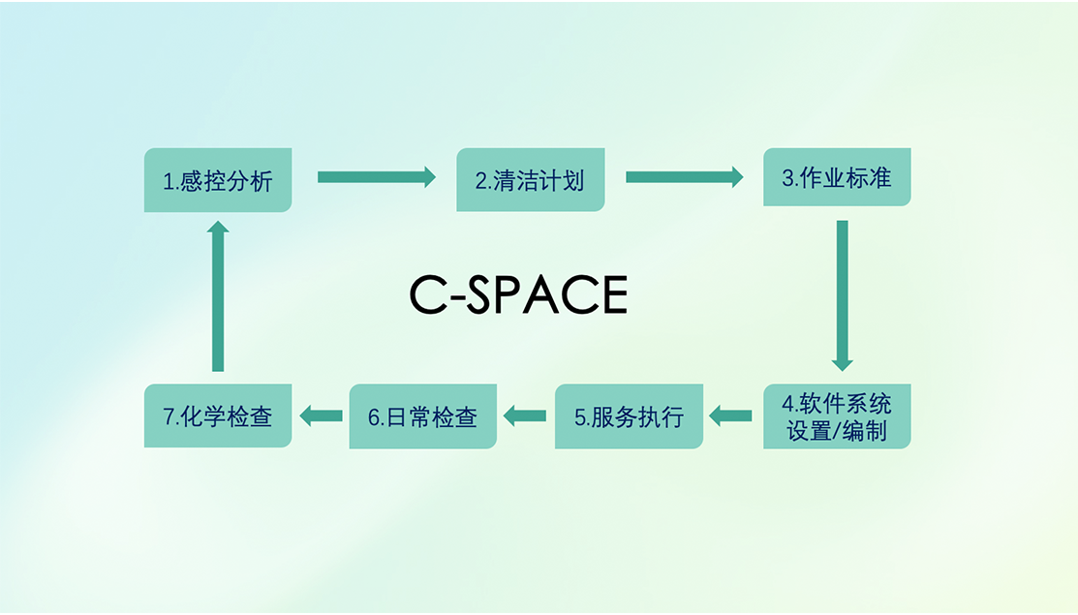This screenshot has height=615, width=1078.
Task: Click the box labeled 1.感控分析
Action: point(218,180)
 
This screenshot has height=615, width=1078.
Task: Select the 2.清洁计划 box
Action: point(530,179)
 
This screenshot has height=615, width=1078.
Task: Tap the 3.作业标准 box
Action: point(837,176)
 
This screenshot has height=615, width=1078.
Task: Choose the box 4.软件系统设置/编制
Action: point(837,416)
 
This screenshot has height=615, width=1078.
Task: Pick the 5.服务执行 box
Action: point(629,416)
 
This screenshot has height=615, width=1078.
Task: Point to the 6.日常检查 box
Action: point(423,416)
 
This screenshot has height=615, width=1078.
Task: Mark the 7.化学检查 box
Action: point(218,415)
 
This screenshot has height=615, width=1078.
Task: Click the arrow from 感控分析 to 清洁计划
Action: point(377,177)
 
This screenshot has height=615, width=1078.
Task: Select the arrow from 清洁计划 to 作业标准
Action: point(685,177)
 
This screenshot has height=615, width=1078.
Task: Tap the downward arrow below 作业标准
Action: point(843,295)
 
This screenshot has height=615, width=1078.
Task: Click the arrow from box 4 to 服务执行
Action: point(730,415)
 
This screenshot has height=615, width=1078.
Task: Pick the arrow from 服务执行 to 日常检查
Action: point(525,415)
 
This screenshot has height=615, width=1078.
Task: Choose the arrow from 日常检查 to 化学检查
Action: point(321,415)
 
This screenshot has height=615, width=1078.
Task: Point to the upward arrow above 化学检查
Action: point(218,296)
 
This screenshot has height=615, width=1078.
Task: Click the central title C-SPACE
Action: point(518,294)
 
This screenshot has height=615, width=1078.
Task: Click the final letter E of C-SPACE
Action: point(615,294)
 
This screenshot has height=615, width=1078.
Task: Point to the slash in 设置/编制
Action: point(837,432)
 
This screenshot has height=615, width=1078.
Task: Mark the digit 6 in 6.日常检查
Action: point(374,417)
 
